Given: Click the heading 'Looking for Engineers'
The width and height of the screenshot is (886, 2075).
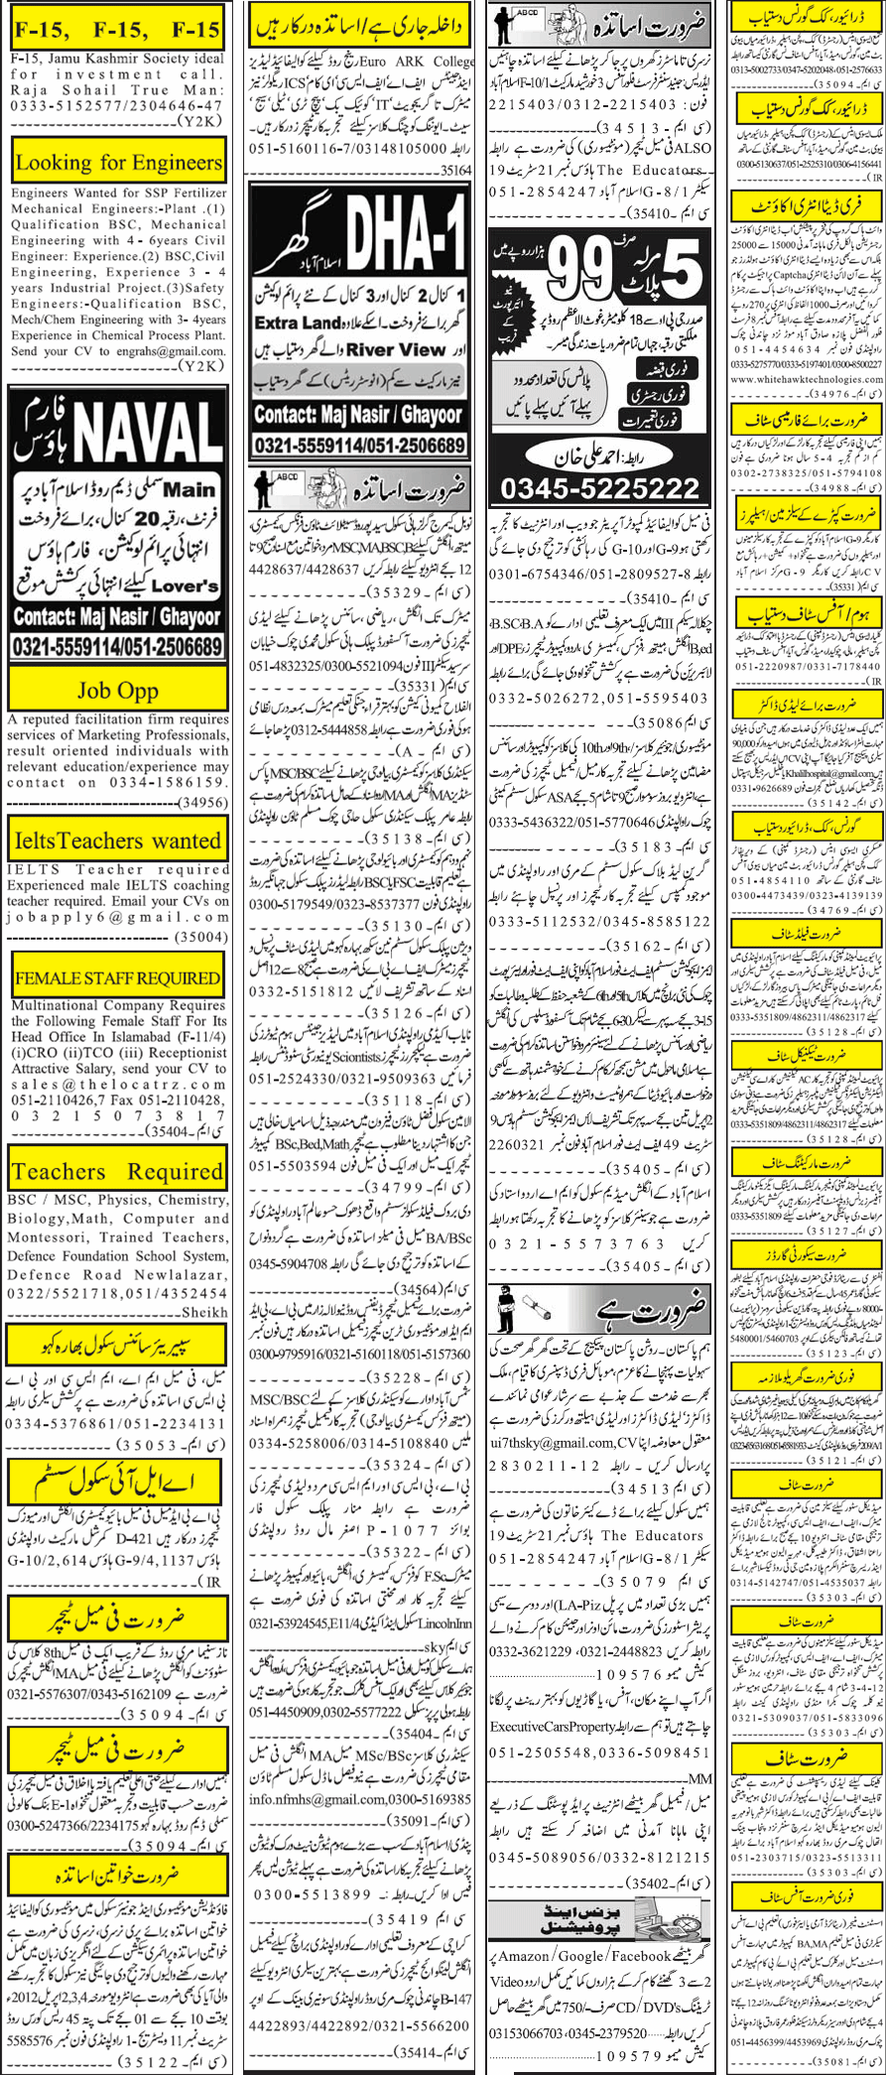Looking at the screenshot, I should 118,162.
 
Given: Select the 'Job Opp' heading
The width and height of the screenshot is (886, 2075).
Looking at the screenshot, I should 118,690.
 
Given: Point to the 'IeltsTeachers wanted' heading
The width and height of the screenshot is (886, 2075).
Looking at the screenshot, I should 118,841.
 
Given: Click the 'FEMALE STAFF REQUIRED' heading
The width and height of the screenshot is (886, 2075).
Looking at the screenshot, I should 118,977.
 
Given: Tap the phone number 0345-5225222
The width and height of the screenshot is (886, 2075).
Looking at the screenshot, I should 599,488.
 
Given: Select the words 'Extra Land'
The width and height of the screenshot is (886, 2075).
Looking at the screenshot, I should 298,323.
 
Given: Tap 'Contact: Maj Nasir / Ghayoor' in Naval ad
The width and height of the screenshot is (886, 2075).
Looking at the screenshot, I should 118,617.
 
